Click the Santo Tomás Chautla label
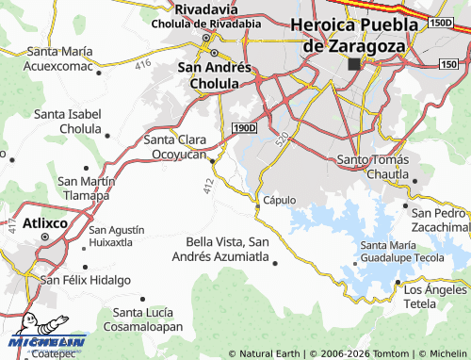(x=376, y=166)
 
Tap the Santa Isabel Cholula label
(x=67, y=121)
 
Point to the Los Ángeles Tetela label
(x=433, y=297)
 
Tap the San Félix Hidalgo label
(x=84, y=280)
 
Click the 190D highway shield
(x=243, y=125)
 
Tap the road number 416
(x=142, y=64)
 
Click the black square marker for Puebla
(x=354, y=64)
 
